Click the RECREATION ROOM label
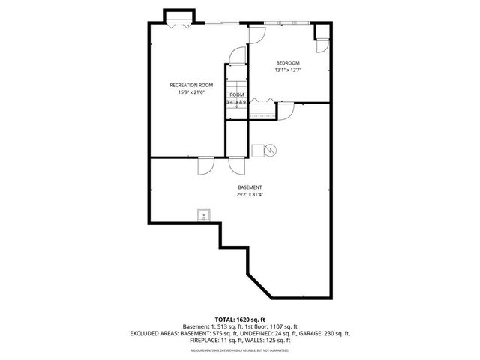[x=191, y=85]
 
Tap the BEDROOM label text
[x=288, y=62]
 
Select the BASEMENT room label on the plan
[x=250, y=187]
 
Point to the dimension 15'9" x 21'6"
[x=191, y=93]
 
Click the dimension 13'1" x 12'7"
[x=288, y=70]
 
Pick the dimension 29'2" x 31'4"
[x=250, y=195]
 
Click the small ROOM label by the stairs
[x=237, y=94]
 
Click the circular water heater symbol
[x=271, y=150]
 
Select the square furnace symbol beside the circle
[x=258, y=150]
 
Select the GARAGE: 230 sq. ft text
[x=325, y=333]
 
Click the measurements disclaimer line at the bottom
[x=239, y=350]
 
